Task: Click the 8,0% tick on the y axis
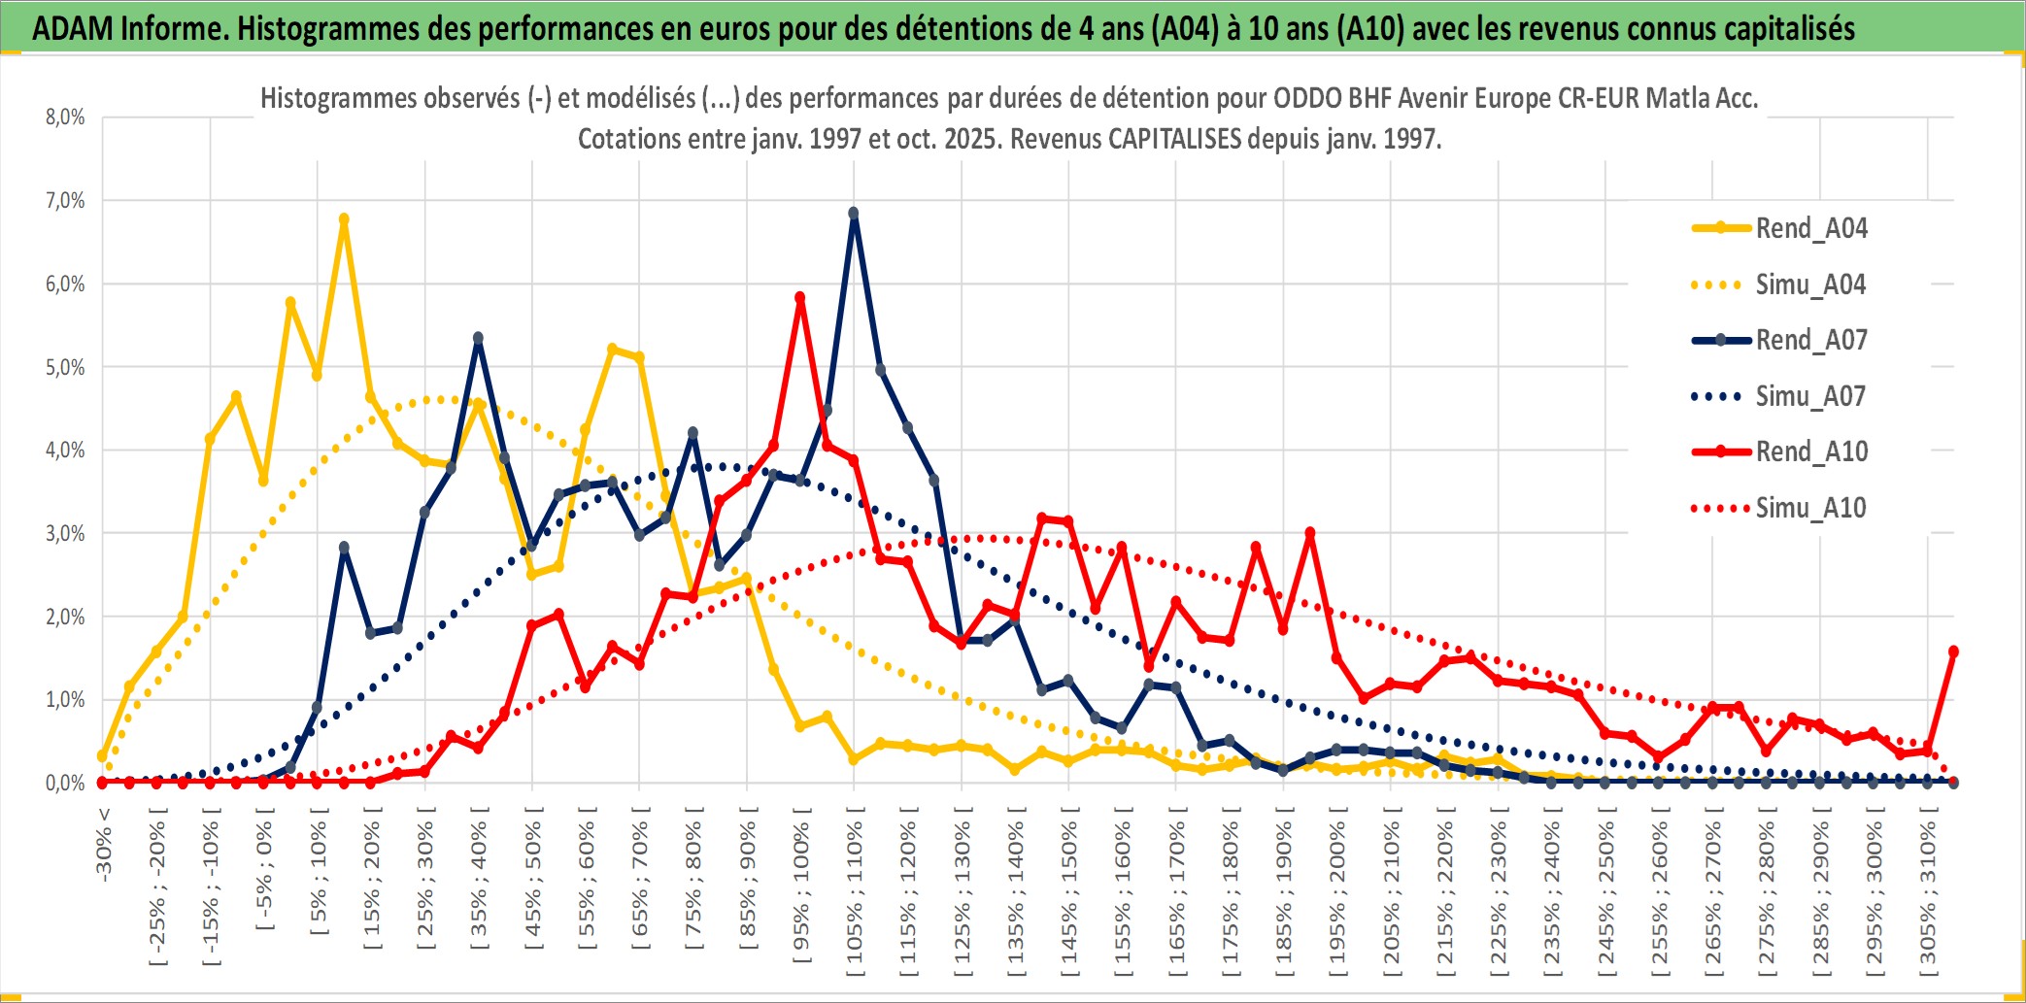(x=65, y=117)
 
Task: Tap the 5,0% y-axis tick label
(x=65, y=367)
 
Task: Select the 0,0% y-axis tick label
(x=65, y=783)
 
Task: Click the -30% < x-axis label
(x=104, y=844)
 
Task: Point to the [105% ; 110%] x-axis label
(x=855, y=893)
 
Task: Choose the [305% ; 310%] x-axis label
(x=1928, y=893)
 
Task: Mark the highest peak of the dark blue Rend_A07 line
(x=854, y=213)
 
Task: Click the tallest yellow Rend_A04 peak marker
(x=344, y=219)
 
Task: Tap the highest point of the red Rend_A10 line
(x=800, y=298)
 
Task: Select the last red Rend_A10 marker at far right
(x=1953, y=652)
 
